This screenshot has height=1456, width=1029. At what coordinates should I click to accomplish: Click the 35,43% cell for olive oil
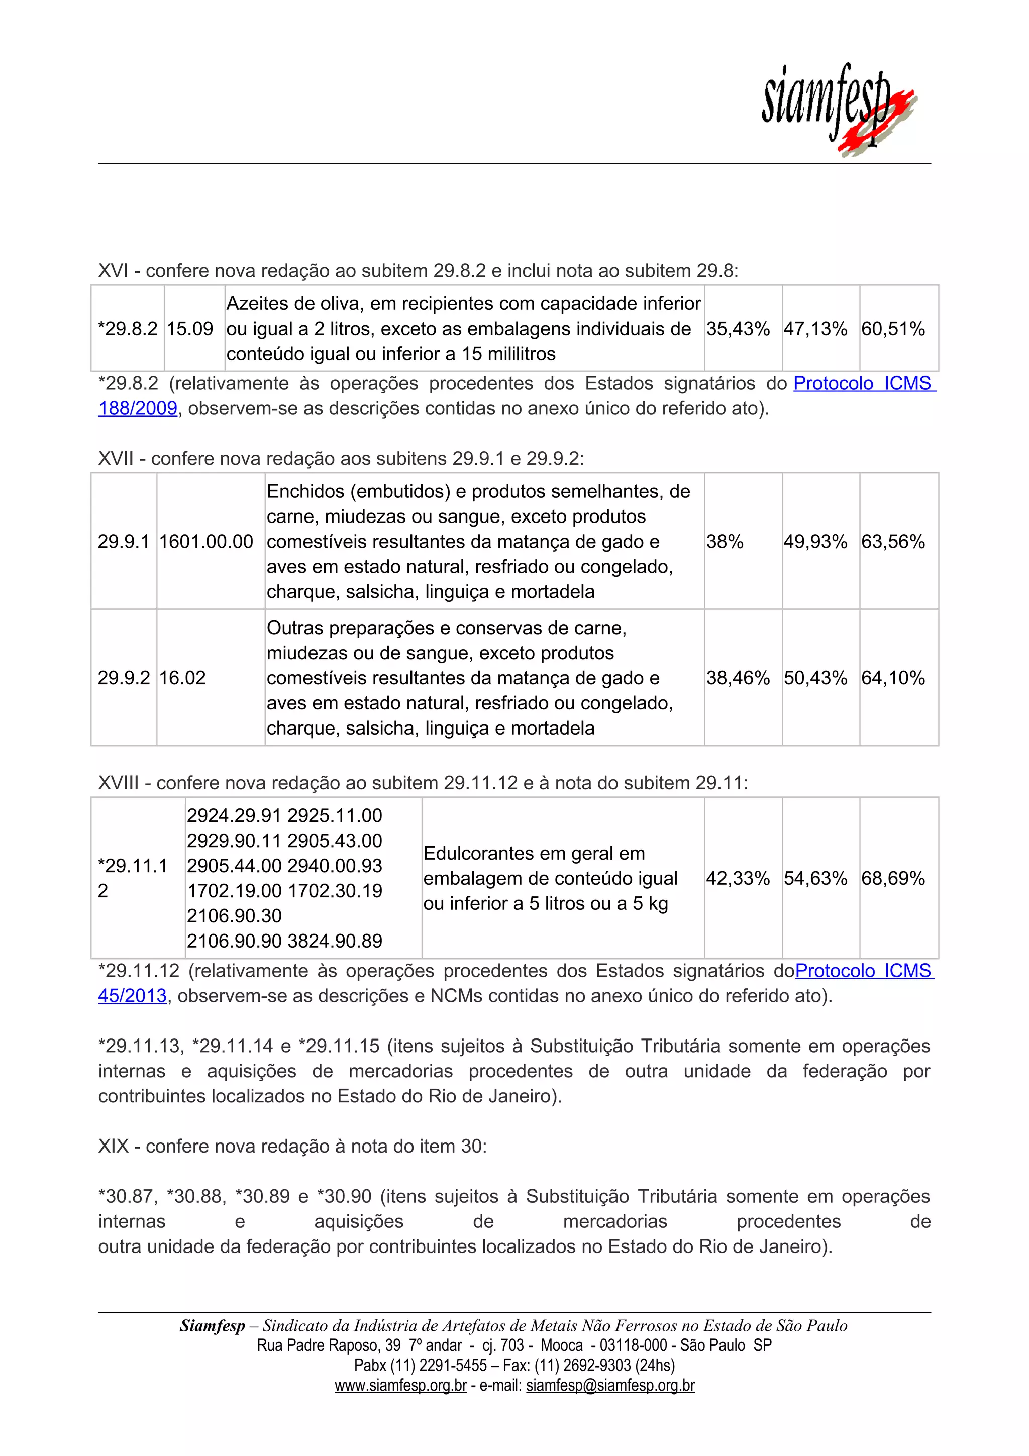click(x=738, y=329)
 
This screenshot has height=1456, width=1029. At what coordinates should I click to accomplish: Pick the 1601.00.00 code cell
click(x=206, y=542)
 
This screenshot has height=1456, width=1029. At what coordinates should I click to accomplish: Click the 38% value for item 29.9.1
click(x=725, y=542)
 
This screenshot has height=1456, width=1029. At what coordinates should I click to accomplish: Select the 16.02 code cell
click(x=182, y=678)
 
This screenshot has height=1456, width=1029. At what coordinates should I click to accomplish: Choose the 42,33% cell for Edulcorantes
click(x=738, y=878)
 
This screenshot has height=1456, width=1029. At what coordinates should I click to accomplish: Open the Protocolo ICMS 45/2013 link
click(x=864, y=971)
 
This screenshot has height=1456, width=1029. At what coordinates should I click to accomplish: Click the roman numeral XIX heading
click(x=114, y=1147)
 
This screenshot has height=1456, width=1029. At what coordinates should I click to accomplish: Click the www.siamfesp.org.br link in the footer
click(x=400, y=1386)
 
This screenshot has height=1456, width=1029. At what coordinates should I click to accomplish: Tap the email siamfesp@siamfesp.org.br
click(x=610, y=1386)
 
